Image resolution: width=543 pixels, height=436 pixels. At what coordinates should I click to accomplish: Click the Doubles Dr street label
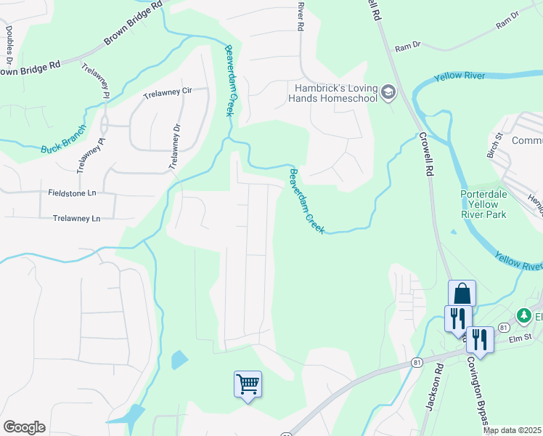pyautogui.click(x=9, y=42)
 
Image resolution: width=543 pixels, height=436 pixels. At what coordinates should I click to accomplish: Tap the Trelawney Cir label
pyautogui.click(x=167, y=93)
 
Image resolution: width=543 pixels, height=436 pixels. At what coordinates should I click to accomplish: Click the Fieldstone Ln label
pyautogui.click(x=73, y=194)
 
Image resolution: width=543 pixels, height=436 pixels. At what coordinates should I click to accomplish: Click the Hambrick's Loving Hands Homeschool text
pyautogui.click(x=332, y=92)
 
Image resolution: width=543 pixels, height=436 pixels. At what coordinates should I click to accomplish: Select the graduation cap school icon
pyautogui.click(x=388, y=92)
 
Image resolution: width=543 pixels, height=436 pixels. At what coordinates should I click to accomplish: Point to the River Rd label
pyautogui.click(x=299, y=15)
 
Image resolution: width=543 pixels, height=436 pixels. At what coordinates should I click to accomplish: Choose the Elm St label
pyautogui.click(x=520, y=338)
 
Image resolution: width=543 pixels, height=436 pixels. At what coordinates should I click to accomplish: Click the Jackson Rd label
pyautogui.click(x=434, y=392)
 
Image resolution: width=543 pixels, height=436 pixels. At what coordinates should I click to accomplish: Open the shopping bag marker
pyautogui.click(x=462, y=294)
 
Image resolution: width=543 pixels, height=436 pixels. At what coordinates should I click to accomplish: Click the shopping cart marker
pyautogui.click(x=248, y=384)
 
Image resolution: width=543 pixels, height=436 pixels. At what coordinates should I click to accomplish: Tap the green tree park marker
pyautogui.click(x=523, y=315)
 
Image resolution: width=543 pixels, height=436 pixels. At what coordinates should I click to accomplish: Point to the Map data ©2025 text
pyautogui.click(x=512, y=430)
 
